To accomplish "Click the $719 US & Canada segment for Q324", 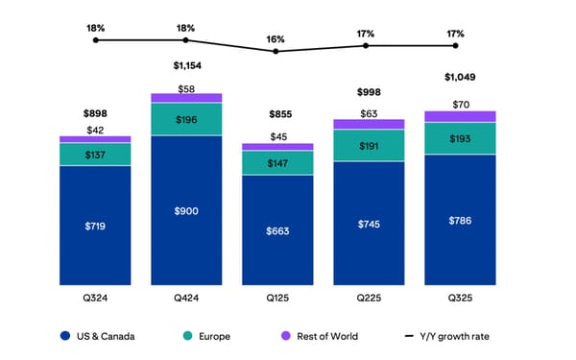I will click(95, 227).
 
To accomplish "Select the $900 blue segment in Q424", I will click(186, 211).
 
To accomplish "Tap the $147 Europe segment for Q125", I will click(277, 163).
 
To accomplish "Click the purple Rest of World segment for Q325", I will click(459, 116).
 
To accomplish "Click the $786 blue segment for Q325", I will click(459, 221).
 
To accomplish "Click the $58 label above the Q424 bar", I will click(186, 87).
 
